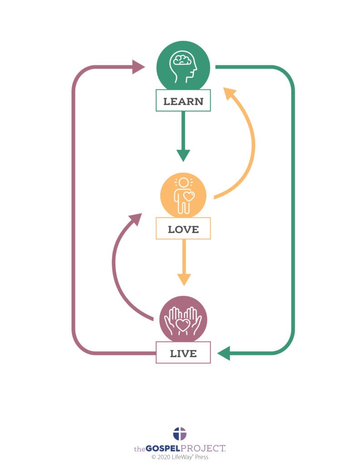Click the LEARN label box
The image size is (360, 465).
(x=183, y=101)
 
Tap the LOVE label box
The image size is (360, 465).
(x=183, y=229)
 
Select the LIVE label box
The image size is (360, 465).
(x=183, y=353)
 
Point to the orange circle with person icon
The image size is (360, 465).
(x=183, y=196)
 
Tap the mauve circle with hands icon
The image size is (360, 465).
(x=183, y=319)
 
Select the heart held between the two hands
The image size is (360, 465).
(x=183, y=325)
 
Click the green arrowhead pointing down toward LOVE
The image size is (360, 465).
(x=183, y=155)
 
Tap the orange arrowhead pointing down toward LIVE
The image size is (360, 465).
(x=184, y=279)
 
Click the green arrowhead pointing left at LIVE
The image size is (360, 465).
(x=224, y=353)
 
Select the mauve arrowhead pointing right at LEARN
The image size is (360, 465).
(x=138, y=67)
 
